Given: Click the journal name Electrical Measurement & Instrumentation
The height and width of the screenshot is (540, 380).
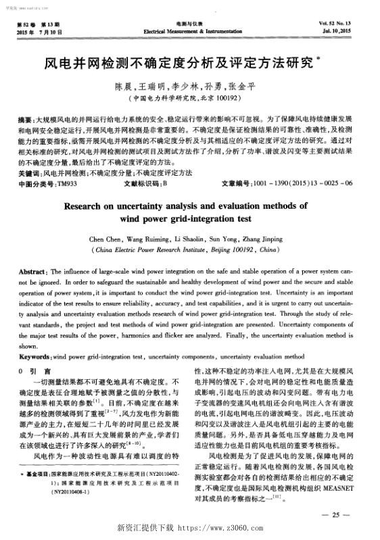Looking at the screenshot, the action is (x=189, y=31).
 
